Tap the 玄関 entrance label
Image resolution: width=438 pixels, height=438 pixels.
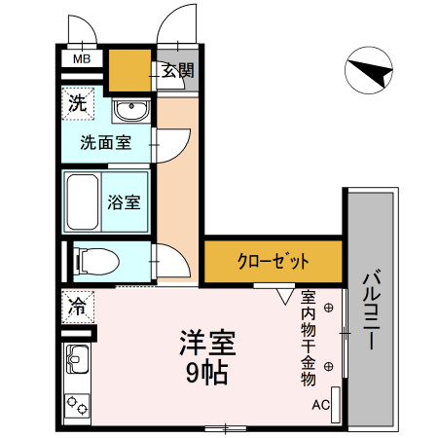tap(178, 70)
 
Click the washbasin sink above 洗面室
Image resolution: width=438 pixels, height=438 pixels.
tap(128, 110)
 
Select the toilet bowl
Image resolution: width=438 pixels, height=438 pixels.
tap(94, 260)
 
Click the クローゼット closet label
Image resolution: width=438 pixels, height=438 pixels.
tap(274, 261)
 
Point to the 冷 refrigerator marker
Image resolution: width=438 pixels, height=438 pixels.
tap(76, 308)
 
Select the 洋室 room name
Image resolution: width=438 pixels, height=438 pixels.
tap(209, 344)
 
